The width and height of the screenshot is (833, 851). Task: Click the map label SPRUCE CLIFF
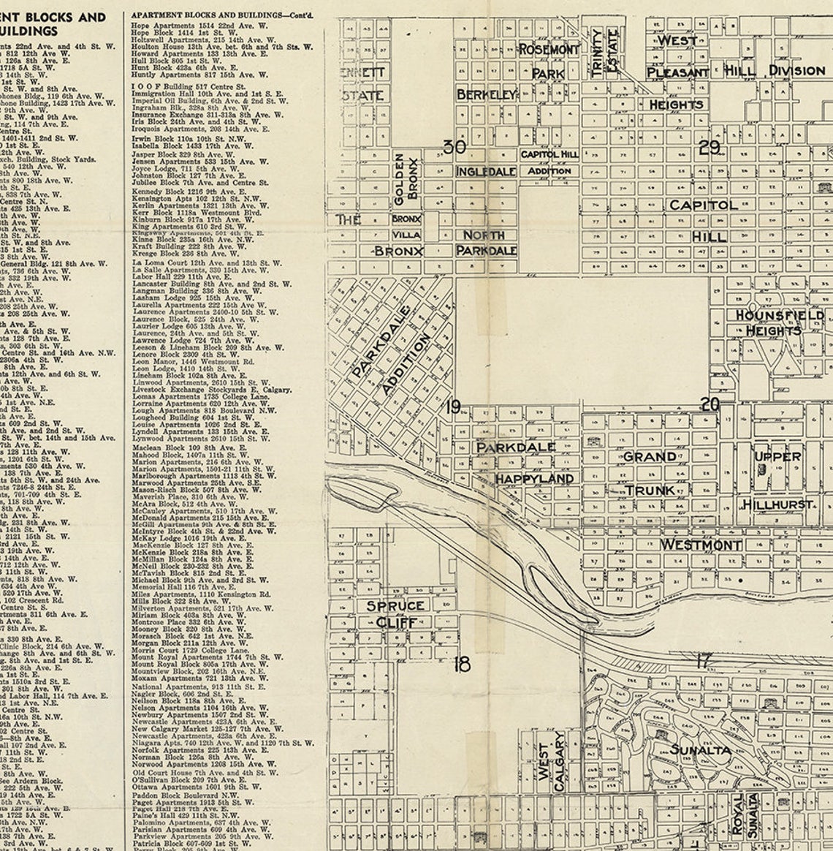tap(395, 614)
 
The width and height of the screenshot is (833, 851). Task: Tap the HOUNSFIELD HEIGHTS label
tap(778, 322)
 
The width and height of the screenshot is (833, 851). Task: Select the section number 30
tap(454, 147)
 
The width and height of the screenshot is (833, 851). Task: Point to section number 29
tap(709, 148)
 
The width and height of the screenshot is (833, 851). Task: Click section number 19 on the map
tap(453, 406)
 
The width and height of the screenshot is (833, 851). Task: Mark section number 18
tap(462, 664)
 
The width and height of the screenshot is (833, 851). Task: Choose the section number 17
tap(703, 661)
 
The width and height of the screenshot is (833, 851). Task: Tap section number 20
tap(710, 404)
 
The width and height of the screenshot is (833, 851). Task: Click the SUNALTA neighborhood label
tap(700, 750)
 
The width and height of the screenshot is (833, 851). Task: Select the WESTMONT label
tap(701, 545)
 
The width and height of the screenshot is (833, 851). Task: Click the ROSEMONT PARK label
tap(549, 61)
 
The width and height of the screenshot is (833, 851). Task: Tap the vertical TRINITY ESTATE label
tap(604, 51)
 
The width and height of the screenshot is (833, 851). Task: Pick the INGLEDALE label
tap(486, 172)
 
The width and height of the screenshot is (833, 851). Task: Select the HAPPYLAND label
tap(534, 478)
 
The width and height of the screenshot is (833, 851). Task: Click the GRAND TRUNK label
tap(650, 473)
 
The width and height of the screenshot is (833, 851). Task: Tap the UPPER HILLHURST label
tap(777, 480)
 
